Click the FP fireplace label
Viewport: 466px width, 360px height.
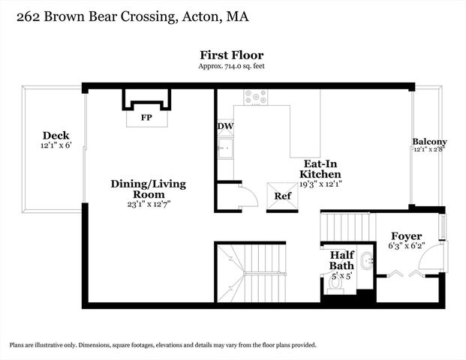click(x=146, y=118)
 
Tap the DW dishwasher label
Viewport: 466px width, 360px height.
click(x=225, y=127)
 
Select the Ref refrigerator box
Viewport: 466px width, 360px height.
click(x=282, y=196)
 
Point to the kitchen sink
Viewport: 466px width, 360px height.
click(x=225, y=150)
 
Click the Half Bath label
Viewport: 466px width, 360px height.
click(x=341, y=259)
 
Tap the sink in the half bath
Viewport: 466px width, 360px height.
click(x=367, y=262)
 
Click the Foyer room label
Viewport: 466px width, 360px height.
click(x=407, y=235)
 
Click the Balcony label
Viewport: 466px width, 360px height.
click(x=429, y=142)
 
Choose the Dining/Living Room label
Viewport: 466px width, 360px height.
click(x=148, y=184)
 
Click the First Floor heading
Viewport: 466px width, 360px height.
click(x=231, y=55)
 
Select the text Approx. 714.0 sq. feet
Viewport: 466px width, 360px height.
click(x=231, y=66)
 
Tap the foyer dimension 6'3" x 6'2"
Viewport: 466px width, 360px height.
click(x=407, y=246)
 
